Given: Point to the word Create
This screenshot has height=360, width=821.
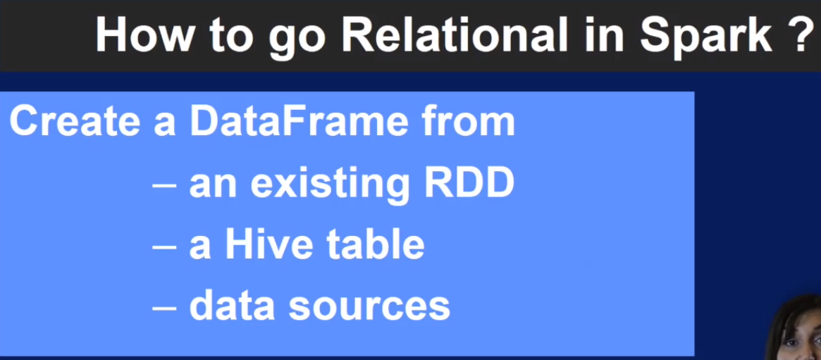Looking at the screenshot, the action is pos(75,120).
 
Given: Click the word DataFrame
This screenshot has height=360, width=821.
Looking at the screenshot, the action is pos(299,120).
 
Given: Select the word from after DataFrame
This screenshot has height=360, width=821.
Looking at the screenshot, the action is pos(469,121).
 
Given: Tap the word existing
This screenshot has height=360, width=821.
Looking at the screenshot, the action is pos(329,184).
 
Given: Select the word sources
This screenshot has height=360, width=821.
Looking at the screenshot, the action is pos(369,309).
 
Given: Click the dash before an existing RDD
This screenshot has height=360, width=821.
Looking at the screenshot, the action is pos(163,185).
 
